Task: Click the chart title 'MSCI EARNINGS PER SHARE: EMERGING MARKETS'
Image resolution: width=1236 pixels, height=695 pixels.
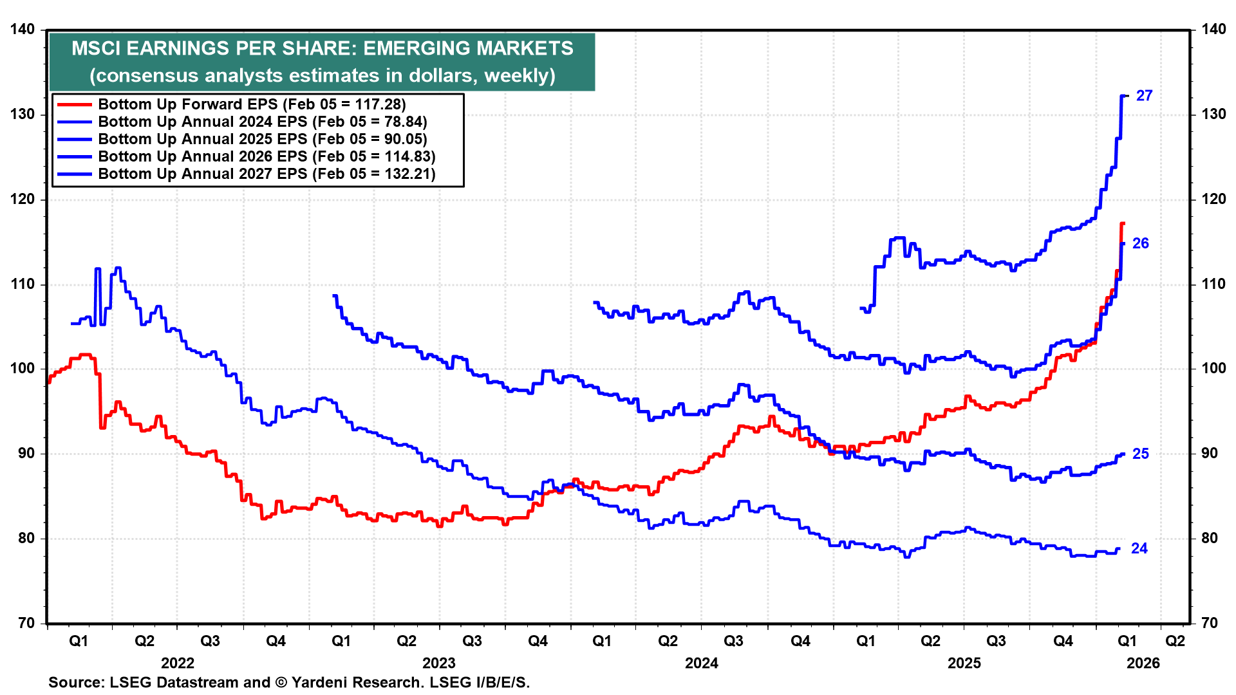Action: [322, 48]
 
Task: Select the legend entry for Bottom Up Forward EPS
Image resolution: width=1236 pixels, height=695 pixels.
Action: [252, 104]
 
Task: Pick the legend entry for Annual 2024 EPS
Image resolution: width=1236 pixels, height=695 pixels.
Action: [262, 122]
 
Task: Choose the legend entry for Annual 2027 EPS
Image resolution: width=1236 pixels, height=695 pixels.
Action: [267, 174]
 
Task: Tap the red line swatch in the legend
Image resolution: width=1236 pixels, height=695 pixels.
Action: [74, 104]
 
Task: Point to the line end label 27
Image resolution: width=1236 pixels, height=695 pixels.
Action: [1144, 96]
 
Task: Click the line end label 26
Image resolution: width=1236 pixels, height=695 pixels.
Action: [1140, 243]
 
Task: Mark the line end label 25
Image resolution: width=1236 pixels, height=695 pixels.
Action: [1140, 454]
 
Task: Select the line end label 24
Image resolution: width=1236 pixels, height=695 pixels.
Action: [1139, 548]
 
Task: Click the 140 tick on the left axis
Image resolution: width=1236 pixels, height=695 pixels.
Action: [23, 30]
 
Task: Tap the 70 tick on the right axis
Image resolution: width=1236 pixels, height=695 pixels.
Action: [1209, 623]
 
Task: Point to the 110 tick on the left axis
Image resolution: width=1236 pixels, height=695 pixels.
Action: [23, 284]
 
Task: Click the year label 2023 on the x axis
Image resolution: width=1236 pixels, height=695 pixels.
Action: [438, 663]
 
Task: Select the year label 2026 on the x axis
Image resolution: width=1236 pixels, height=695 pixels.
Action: [1143, 663]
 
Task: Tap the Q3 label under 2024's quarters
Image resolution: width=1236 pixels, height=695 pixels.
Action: [733, 641]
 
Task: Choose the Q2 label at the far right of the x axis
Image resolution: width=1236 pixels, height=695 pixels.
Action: [1175, 641]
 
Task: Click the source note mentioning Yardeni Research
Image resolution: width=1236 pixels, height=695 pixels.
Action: [289, 682]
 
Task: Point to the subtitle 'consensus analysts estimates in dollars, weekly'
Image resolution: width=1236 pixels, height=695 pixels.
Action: [322, 75]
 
